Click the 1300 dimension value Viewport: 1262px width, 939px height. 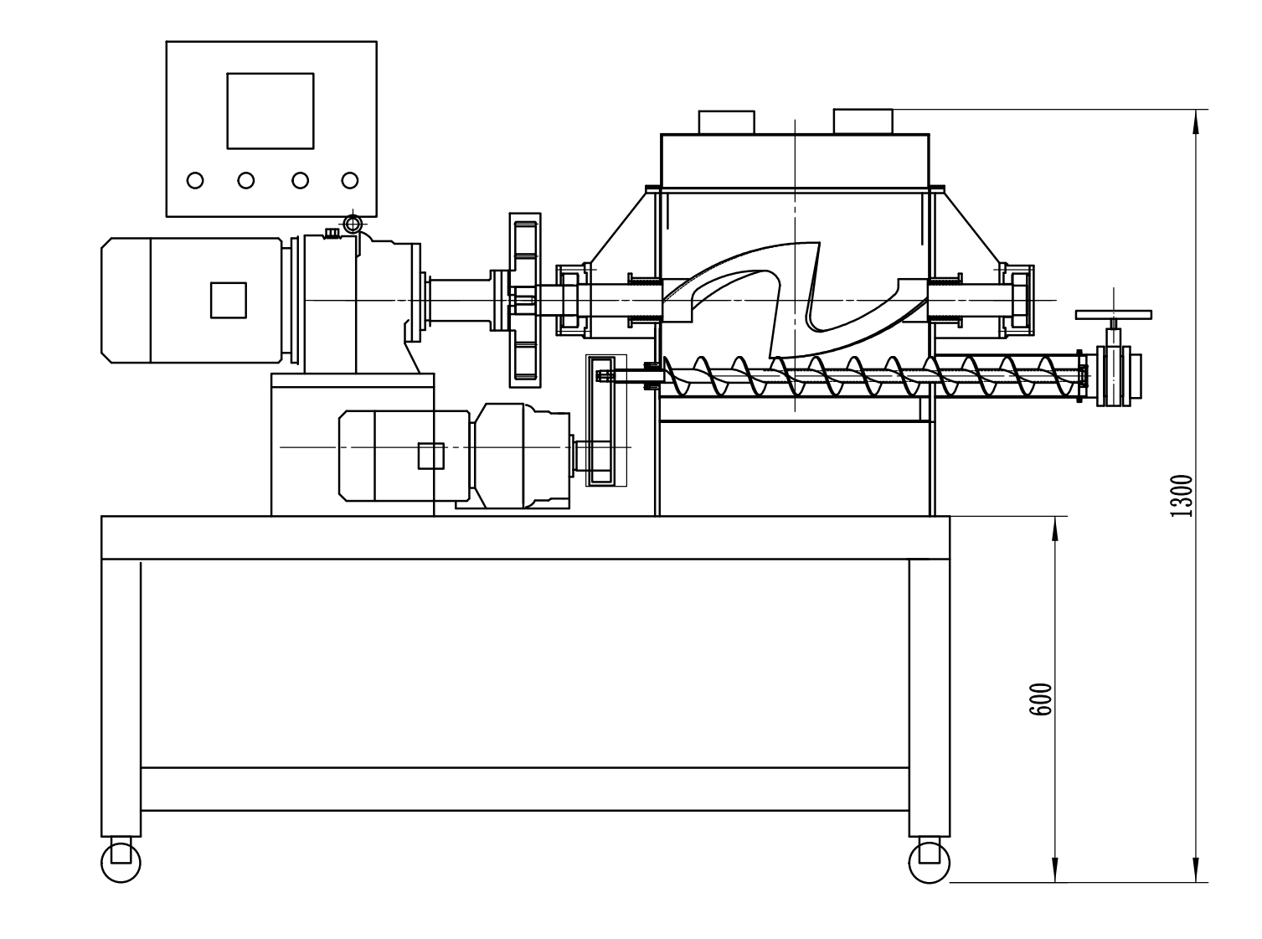[x=1181, y=496]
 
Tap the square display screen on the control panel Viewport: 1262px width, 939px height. [x=270, y=111]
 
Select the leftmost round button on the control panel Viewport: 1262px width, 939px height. [x=195, y=180]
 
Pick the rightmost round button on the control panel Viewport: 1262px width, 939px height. [x=350, y=180]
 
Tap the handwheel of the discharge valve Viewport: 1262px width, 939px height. [x=1113, y=315]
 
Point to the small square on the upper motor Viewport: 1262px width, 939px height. [x=228, y=300]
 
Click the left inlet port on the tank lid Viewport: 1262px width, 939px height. [x=727, y=121]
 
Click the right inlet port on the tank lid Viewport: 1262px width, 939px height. [x=863, y=121]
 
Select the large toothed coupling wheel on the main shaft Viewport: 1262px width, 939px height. [x=525, y=299]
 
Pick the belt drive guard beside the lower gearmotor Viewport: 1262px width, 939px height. [x=605, y=419]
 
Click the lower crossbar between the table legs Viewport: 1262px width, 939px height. [x=524, y=788]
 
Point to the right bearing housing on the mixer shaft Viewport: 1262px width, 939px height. [x=1016, y=299]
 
